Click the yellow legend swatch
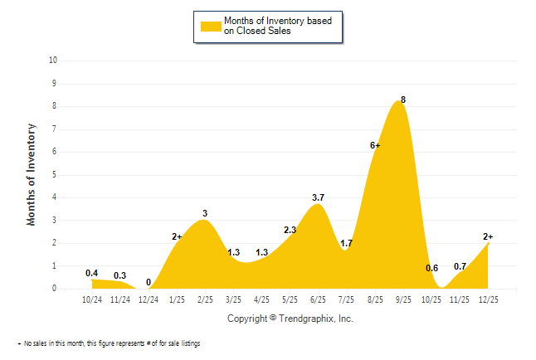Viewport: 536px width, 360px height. click(x=211, y=26)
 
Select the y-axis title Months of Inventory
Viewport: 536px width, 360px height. click(x=32, y=174)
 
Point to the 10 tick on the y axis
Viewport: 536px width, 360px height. click(x=53, y=61)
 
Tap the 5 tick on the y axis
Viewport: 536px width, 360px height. click(x=55, y=175)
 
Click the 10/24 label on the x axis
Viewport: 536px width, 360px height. click(x=92, y=299)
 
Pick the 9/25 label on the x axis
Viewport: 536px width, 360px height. click(x=403, y=299)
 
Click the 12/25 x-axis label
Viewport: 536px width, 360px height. click(x=488, y=299)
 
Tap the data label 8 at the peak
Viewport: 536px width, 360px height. click(x=403, y=100)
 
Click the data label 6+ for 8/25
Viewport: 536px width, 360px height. click(x=375, y=145)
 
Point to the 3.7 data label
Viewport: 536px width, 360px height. click(x=319, y=197)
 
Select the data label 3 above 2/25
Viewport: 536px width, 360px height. click(x=205, y=213)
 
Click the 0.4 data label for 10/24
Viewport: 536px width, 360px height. click(x=92, y=273)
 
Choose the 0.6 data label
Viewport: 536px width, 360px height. click(x=431, y=268)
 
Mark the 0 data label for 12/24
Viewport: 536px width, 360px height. click(x=149, y=282)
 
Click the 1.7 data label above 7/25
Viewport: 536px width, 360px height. click(x=347, y=243)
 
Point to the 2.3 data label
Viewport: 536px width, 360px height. click(x=290, y=230)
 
